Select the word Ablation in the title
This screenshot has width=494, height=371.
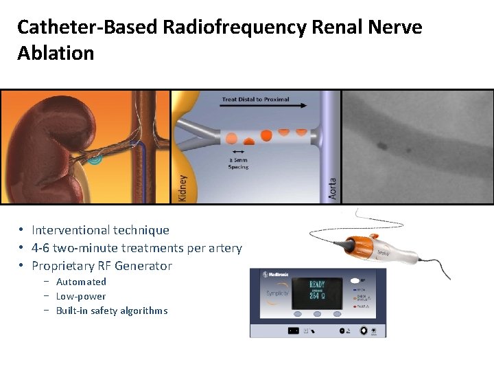pyautogui.click(x=56, y=54)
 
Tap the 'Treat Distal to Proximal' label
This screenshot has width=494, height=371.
pyautogui.click(x=255, y=99)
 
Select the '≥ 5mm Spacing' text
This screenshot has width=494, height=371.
pyautogui.click(x=239, y=164)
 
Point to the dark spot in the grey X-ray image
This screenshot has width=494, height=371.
pyautogui.click(x=380, y=145)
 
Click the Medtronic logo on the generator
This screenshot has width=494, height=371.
pyautogui.click(x=276, y=276)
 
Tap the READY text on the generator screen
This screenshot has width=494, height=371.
pyautogui.click(x=316, y=284)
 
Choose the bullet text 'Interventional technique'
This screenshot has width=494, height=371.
pyautogui.click(x=100, y=230)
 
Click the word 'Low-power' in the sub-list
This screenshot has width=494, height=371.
pyautogui.click(x=81, y=296)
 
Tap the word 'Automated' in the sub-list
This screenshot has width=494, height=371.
pyautogui.click(x=81, y=282)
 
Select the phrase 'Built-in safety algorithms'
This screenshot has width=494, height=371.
pyautogui.click(x=112, y=311)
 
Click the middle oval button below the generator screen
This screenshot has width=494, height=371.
pyautogui.click(x=317, y=315)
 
